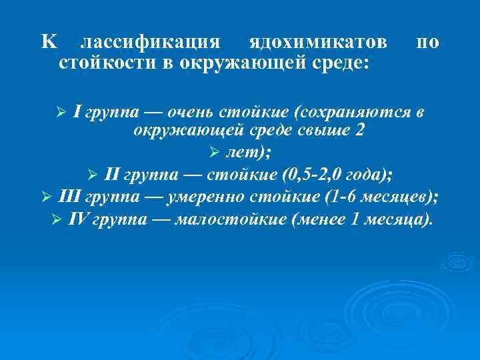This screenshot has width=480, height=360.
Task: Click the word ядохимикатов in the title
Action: click(317, 43)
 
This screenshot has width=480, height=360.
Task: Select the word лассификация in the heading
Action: click(150, 43)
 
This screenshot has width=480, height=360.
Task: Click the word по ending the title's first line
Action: click(427, 43)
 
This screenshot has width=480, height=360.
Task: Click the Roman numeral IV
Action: click(77, 220)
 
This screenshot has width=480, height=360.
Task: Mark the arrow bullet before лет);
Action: click(214, 153)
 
